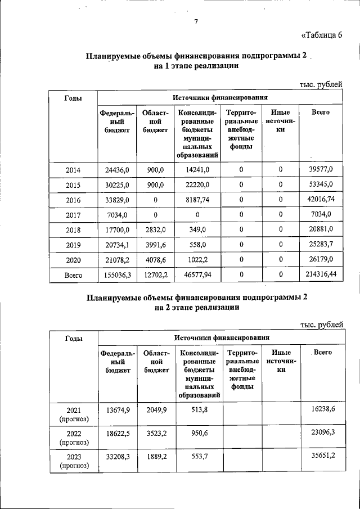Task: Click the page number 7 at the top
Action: pos(195,22)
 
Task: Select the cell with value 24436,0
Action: pos(117,169)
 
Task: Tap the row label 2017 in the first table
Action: pos(73,214)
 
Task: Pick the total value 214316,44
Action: pos(321,275)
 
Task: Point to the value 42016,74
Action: pos(321,200)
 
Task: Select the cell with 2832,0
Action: pos(152,229)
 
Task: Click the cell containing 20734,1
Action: pos(117,245)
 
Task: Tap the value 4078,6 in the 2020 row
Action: pos(152,260)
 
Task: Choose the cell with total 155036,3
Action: pos(117,275)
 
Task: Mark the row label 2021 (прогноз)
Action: pos(73,414)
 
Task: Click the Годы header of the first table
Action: pos(73,98)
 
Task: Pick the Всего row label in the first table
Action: pos(73,276)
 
